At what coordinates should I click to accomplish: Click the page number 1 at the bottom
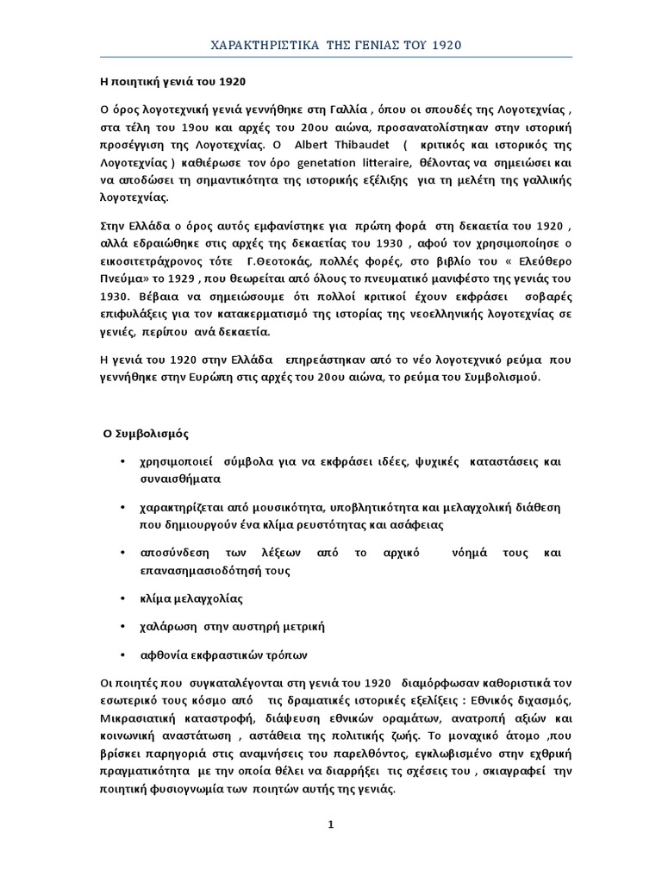pyautogui.click(x=330, y=824)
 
